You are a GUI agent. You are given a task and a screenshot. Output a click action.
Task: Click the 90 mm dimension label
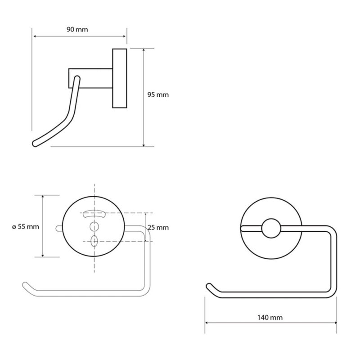coord(77,30)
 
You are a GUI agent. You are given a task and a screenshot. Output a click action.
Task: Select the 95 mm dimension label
coord(158,94)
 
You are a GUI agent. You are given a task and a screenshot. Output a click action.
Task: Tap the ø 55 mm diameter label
coord(26,227)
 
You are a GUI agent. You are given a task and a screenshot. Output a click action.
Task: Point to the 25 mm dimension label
coord(158,228)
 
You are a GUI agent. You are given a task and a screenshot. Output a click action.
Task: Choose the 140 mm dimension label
coord(270,318)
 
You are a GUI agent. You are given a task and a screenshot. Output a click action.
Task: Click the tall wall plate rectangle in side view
coord(120,78)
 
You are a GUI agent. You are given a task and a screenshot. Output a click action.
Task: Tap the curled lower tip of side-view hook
coord(35,144)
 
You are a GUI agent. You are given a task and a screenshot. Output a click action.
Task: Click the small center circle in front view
coord(271,228)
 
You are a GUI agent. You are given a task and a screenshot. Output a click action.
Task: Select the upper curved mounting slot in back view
coord(94,214)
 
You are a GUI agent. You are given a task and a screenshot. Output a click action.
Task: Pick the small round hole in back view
coord(94,226)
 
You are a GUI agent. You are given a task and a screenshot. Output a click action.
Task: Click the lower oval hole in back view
coord(94,241)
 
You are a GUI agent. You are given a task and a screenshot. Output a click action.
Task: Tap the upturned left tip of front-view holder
coord(209,286)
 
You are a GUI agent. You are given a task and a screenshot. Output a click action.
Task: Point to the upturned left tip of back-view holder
coord(25,285)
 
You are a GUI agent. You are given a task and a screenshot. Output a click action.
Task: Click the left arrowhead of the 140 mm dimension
coord(207,323)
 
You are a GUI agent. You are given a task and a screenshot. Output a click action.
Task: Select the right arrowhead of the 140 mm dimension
coord(335,323)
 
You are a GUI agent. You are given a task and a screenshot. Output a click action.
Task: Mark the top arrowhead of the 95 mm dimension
coord(144,50)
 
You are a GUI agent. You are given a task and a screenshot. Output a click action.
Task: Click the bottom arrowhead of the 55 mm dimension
coord(43,255)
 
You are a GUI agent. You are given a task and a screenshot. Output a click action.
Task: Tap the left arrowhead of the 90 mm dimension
coord(35,36)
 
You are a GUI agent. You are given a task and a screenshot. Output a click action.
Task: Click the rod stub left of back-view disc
coord(59,228)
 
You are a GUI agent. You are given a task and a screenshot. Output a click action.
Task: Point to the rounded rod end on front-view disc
coord(243,228)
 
